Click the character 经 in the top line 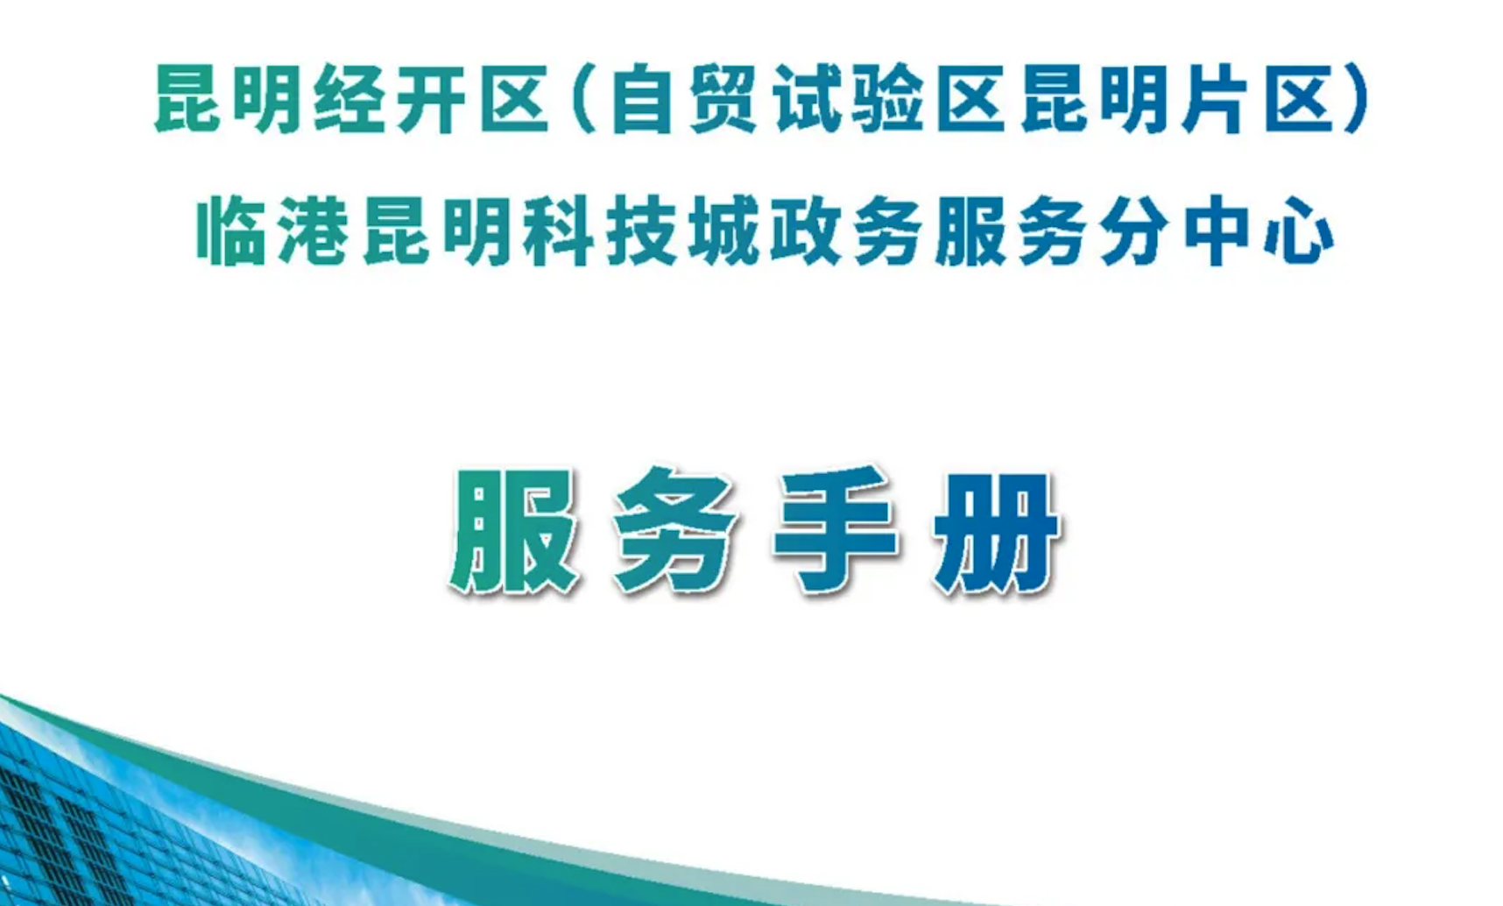point(349,99)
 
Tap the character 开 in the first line point(431,99)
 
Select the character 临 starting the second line point(231,231)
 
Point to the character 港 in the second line point(314,231)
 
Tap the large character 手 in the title point(836,530)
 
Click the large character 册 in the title point(997,531)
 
